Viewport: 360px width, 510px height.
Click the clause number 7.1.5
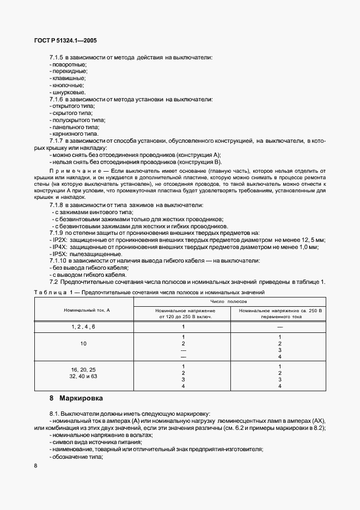(x=57, y=57)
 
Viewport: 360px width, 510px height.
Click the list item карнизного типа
(x=74, y=133)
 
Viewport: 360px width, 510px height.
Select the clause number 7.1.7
(x=57, y=141)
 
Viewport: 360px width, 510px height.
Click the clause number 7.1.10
(x=58, y=260)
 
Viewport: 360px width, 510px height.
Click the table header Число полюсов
(x=229, y=301)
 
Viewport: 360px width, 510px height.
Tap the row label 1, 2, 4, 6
(x=83, y=326)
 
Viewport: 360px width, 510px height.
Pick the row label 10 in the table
(x=83, y=344)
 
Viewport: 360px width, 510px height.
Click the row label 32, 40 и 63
(x=83, y=376)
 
